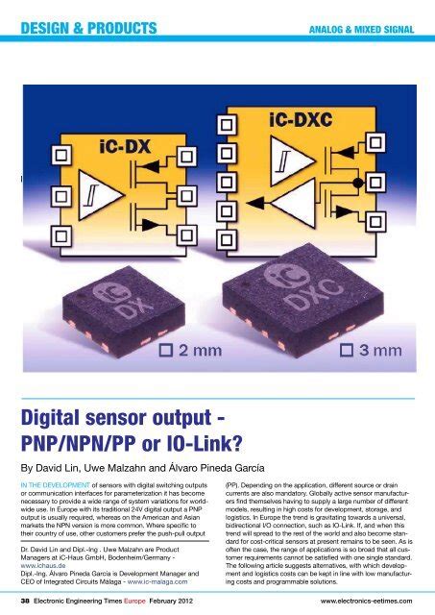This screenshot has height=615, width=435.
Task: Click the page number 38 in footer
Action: pyautogui.click(x=28, y=601)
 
